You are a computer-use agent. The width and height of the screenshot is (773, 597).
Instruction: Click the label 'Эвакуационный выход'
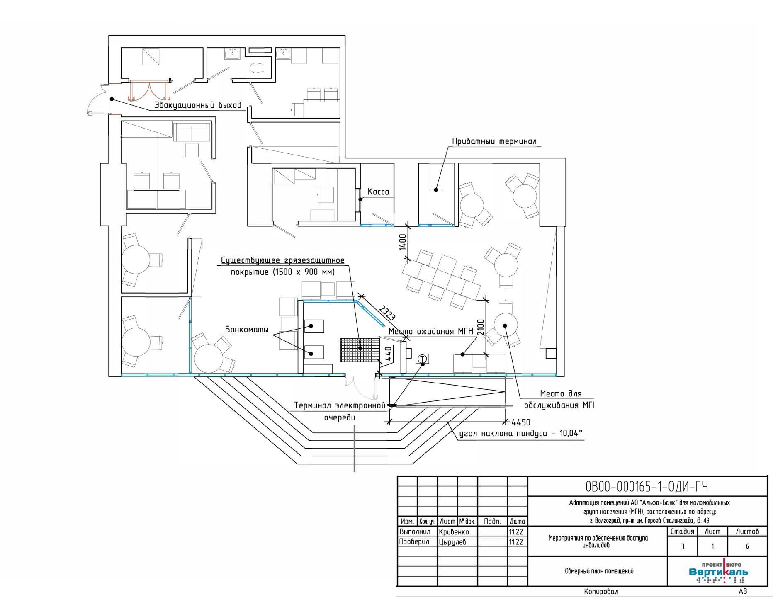198,105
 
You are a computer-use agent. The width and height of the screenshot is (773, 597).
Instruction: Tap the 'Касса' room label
379,192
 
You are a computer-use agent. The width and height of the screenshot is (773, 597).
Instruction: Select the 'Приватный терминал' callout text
494,142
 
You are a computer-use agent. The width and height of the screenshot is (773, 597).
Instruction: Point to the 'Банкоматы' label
247,330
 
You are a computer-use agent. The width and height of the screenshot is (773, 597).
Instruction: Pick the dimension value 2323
386,313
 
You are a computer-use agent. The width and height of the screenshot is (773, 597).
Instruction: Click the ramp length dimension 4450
521,422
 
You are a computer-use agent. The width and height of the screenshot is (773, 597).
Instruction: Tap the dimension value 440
388,354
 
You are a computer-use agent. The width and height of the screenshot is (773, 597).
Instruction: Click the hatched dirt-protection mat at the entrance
360,350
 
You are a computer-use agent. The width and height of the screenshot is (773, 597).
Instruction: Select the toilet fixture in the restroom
258,68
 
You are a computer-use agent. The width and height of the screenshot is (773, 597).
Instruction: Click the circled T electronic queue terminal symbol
422,359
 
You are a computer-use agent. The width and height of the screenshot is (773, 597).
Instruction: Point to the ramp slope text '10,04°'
568,434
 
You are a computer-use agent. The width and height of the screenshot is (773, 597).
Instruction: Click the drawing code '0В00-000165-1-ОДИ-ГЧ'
647,486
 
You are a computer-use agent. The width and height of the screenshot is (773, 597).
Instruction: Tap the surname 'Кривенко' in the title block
454,532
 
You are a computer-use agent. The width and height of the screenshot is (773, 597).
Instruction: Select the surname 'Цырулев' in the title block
452,542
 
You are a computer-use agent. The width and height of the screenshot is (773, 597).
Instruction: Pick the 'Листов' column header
747,531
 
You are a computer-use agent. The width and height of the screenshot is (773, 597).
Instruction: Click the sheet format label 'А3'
743,592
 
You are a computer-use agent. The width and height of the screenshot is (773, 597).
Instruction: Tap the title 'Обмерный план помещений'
599,571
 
